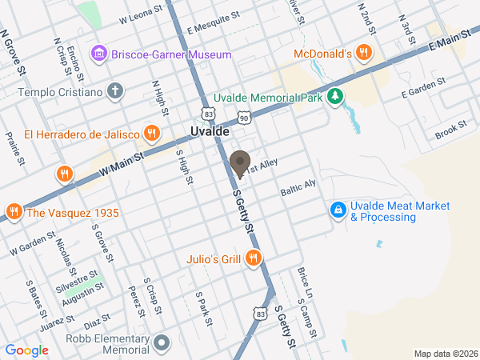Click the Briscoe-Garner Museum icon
click(99, 54)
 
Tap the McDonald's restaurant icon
click(364, 54)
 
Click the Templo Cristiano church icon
click(116, 91)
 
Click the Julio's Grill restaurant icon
click(254, 258)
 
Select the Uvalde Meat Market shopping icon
click(339, 210)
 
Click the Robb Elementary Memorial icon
click(162, 344)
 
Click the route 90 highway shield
click(243, 118)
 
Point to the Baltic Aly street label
click(298, 189)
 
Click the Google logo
click(26, 350)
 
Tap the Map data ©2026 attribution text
click(445, 354)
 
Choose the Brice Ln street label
click(302, 278)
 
